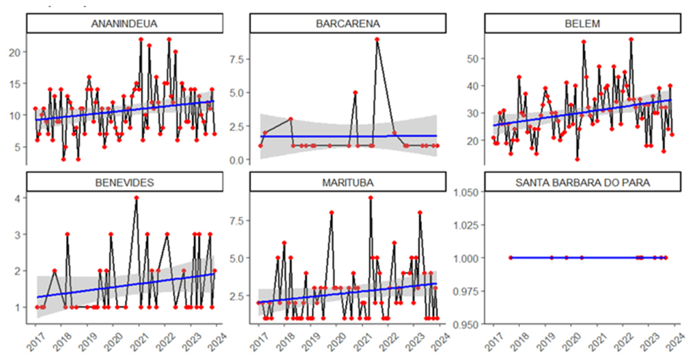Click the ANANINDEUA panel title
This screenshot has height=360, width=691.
[x=124, y=24]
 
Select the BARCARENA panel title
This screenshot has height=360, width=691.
[x=348, y=24]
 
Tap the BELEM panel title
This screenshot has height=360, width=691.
[x=582, y=24]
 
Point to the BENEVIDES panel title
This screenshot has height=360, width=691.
[x=125, y=182]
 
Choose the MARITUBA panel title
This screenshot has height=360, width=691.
[x=348, y=182]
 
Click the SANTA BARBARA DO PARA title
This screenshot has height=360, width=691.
[x=582, y=182]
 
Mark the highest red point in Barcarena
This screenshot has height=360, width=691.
[x=377, y=40]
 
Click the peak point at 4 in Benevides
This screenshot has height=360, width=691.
[x=136, y=198]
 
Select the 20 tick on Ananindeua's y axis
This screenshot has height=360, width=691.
[x=15, y=52]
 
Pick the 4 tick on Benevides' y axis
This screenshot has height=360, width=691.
[x=18, y=198]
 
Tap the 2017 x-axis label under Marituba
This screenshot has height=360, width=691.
[x=258, y=342]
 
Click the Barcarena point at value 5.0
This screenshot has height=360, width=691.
[x=355, y=93]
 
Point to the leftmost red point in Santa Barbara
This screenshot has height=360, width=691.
[x=510, y=257]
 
